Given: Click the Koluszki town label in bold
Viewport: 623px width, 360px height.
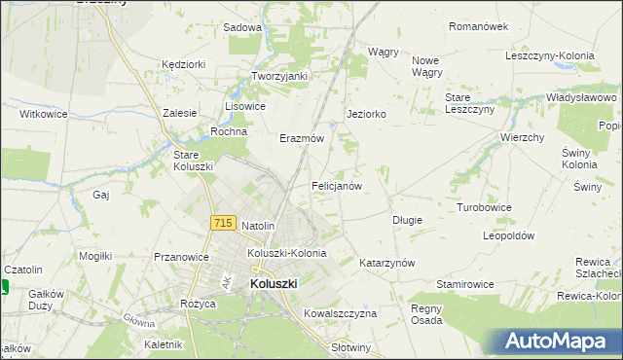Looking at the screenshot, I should pyautogui.click(x=274, y=283).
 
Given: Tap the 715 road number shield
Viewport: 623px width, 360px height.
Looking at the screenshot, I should pyautogui.click(x=222, y=223).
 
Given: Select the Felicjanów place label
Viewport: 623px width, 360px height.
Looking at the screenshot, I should pyautogui.click(x=337, y=185).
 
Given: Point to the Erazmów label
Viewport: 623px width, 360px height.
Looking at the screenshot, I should pyautogui.click(x=302, y=138).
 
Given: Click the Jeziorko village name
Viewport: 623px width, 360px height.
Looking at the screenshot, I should pyautogui.click(x=367, y=114).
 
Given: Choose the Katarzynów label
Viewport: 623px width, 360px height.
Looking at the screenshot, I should pyautogui.click(x=387, y=263).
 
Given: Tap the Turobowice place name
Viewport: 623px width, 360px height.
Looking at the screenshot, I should pyautogui.click(x=485, y=208).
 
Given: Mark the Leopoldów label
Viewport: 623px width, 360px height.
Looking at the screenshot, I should pyautogui.click(x=509, y=235).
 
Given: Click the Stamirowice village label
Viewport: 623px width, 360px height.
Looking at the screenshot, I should pyautogui.click(x=465, y=283).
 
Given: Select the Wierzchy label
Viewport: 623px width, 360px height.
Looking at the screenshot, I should pyautogui.click(x=522, y=137).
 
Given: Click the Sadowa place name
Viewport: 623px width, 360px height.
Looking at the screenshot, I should pyautogui.click(x=242, y=28).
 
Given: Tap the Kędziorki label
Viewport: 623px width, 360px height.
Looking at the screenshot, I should pyautogui.click(x=185, y=64).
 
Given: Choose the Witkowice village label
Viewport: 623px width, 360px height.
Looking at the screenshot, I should pyautogui.click(x=45, y=114).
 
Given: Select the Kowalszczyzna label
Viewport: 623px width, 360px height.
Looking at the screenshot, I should pyautogui.click(x=340, y=313).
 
